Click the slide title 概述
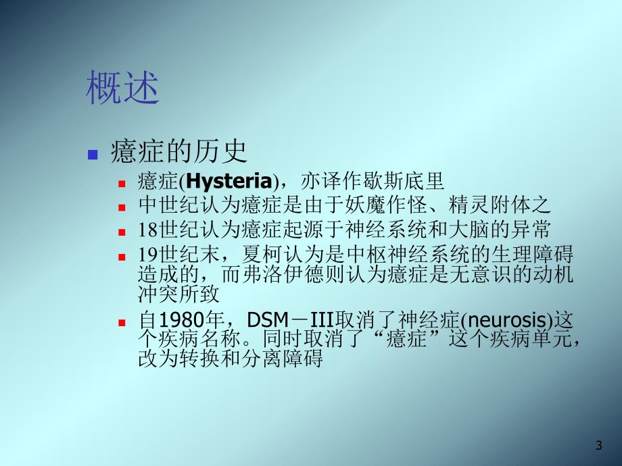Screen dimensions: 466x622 [122, 89]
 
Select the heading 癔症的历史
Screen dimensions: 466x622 [178, 152]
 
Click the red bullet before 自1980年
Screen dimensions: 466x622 [122, 321]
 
